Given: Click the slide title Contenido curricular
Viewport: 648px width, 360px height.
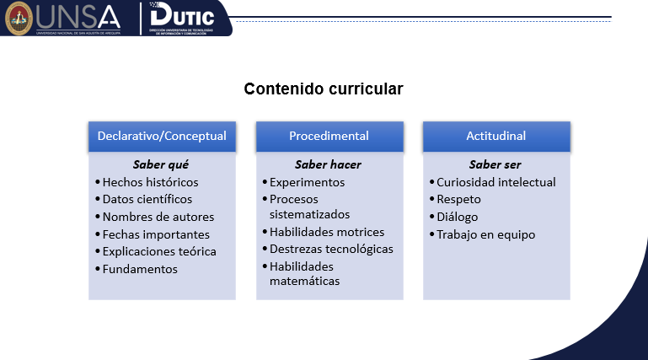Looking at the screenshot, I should [x=324, y=89].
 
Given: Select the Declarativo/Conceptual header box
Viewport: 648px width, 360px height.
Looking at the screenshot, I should [x=162, y=136].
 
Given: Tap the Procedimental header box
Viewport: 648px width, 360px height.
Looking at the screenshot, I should [x=329, y=136].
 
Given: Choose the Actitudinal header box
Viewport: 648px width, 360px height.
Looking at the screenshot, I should [x=496, y=136].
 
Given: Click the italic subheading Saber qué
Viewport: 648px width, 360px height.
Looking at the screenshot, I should [x=161, y=164].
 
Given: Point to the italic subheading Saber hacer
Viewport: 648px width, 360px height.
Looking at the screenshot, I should [x=328, y=164].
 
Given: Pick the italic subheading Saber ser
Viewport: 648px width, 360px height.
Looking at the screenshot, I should [x=495, y=164].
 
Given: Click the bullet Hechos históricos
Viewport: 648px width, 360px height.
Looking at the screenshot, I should [x=150, y=182].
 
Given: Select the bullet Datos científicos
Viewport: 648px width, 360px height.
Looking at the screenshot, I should [x=147, y=200].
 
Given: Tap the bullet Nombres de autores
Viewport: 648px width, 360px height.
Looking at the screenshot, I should [x=158, y=217].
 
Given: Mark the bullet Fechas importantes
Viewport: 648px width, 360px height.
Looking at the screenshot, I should [x=156, y=234].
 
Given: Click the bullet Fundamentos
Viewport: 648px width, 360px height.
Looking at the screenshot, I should [x=140, y=269].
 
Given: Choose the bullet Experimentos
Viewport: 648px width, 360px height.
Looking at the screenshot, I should [x=307, y=182].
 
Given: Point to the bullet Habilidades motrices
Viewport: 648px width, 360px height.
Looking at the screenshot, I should [x=326, y=232].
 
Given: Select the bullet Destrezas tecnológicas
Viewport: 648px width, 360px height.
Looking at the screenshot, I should [x=331, y=249].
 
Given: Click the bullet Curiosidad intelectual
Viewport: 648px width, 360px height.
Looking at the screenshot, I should [x=495, y=182].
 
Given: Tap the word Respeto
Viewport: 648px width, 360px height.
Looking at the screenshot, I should [x=458, y=200].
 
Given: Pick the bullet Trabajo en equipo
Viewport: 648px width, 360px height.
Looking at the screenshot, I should [x=485, y=234].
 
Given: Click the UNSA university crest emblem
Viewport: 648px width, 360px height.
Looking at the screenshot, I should [x=19, y=18].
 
